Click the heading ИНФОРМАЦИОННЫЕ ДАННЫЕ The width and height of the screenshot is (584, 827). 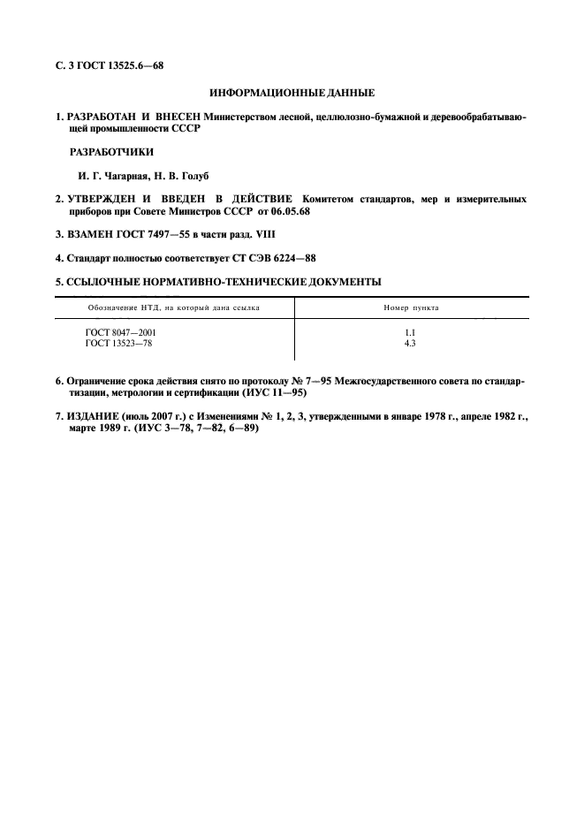[x=292, y=92]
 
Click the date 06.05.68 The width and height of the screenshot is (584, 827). [x=293, y=212]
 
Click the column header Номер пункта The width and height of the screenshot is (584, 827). [x=411, y=307]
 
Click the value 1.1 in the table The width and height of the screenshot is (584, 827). [x=410, y=331]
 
